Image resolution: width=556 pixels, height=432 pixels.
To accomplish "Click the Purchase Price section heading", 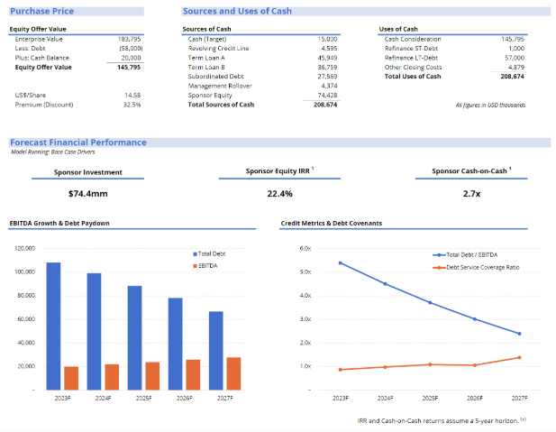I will (x=41, y=11).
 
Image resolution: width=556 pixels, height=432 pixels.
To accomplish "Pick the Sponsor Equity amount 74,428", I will (x=325, y=95).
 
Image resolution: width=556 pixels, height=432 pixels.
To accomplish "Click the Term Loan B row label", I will (x=207, y=67).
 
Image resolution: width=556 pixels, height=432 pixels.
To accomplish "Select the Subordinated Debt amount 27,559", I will (x=325, y=77).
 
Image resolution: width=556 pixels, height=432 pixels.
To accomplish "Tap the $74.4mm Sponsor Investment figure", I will (x=87, y=194).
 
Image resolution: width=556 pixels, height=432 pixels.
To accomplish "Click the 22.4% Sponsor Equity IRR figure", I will (x=279, y=194).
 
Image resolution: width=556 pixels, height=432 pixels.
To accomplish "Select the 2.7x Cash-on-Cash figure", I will (x=470, y=194).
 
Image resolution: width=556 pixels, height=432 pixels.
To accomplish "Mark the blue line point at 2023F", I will (x=340, y=262).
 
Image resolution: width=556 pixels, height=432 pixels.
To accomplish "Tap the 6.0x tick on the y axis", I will (x=305, y=248).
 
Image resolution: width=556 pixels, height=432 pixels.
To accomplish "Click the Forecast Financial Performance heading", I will (x=77, y=142).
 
